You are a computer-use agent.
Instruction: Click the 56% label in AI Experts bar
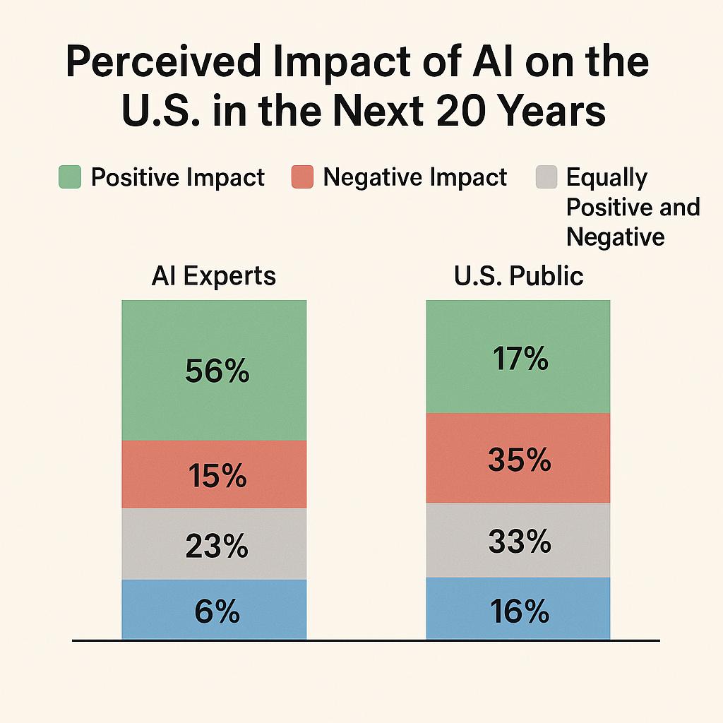pos(217,371)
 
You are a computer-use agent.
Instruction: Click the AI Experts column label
pos(213,275)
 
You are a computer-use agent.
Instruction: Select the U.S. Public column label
pos(518,275)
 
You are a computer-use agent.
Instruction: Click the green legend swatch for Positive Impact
pos(69,177)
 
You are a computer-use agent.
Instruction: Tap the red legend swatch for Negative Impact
pos(301,177)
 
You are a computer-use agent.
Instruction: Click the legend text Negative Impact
pos(414,177)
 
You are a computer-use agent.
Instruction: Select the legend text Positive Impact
pos(177,177)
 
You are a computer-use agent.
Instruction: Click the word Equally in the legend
pos(607,177)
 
